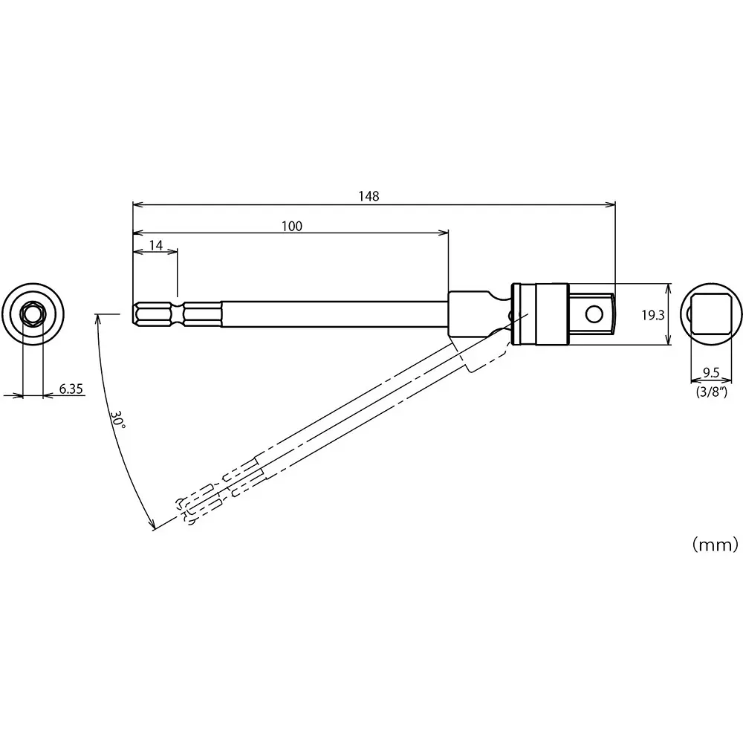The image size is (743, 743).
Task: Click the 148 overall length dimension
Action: pyautogui.click(x=368, y=196)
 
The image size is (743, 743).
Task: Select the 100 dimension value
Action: pyautogui.click(x=292, y=226)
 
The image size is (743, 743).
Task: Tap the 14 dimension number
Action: pyautogui.click(x=156, y=245)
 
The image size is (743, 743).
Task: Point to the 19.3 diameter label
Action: pyautogui.click(x=652, y=314)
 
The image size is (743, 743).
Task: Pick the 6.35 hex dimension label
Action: pyautogui.click(x=71, y=389)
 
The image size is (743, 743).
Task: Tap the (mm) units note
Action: pyautogui.click(x=714, y=545)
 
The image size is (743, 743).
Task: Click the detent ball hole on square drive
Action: pyautogui.click(x=594, y=314)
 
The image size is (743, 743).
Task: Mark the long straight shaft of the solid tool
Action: pyautogui.click(x=334, y=314)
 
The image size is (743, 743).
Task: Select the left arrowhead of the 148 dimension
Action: pyautogui.click(x=137, y=204)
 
